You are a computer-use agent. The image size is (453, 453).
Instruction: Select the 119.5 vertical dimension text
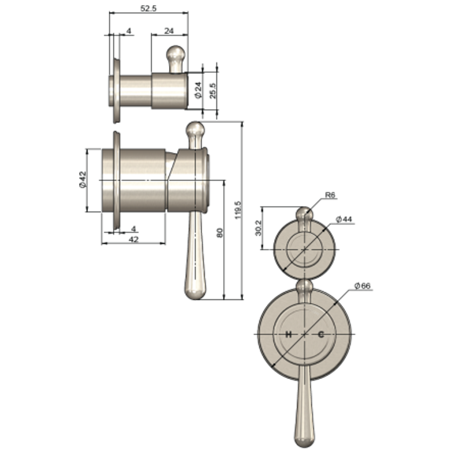tap(238, 210)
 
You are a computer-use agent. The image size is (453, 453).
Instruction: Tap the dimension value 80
tap(219, 233)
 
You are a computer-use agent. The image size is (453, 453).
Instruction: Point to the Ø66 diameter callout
tap(362, 286)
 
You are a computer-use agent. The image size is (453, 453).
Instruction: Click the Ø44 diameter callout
tap(344, 219)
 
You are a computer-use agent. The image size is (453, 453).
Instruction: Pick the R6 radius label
tap(331, 195)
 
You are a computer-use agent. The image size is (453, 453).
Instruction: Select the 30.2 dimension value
tap(258, 228)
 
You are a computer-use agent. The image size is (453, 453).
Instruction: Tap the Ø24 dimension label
tap(198, 90)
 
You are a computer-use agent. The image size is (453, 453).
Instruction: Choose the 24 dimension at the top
tap(169, 31)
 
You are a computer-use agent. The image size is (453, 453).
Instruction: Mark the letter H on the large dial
tap(288, 334)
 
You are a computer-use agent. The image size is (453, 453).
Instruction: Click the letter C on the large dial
tap(321, 334)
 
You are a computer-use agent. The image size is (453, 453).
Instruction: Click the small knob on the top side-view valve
tap(175, 53)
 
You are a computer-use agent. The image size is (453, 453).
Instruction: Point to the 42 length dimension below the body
tap(133, 240)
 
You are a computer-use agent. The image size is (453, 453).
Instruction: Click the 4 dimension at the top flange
tap(129, 31)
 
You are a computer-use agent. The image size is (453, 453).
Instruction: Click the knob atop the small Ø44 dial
tap(304, 214)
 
